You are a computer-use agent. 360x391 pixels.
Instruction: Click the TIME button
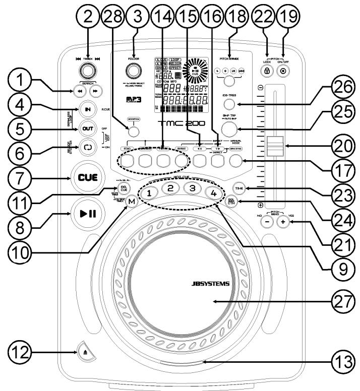point(239,187)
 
